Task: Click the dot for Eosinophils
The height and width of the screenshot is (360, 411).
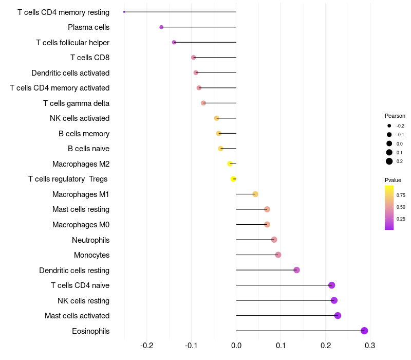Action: point(364,331)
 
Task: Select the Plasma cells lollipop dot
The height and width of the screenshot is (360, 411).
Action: point(161,27)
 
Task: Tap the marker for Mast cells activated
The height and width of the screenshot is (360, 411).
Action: point(338,316)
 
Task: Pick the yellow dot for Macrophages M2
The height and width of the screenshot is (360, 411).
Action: point(230,164)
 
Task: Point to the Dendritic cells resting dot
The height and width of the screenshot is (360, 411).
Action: point(296,270)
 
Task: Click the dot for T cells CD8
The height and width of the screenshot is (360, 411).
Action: point(193,58)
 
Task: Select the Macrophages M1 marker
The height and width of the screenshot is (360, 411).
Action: point(255,194)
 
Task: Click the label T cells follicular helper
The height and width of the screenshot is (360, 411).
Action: point(72,43)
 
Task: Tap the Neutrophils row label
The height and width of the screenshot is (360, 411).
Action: point(90,240)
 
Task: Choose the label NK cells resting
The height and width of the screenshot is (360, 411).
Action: point(83,301)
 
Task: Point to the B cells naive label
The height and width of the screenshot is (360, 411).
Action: point(88,149)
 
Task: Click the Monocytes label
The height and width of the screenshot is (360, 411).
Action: point(91,255)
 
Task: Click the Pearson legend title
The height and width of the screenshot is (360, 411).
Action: point(395,116)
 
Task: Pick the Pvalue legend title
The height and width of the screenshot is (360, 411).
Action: point(393,180)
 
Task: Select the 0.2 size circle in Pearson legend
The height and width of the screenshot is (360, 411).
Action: point(389,161)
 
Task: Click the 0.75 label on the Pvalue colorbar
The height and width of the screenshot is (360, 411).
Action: point(401,195)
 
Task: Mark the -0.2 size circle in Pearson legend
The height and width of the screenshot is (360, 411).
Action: point(389,126)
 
